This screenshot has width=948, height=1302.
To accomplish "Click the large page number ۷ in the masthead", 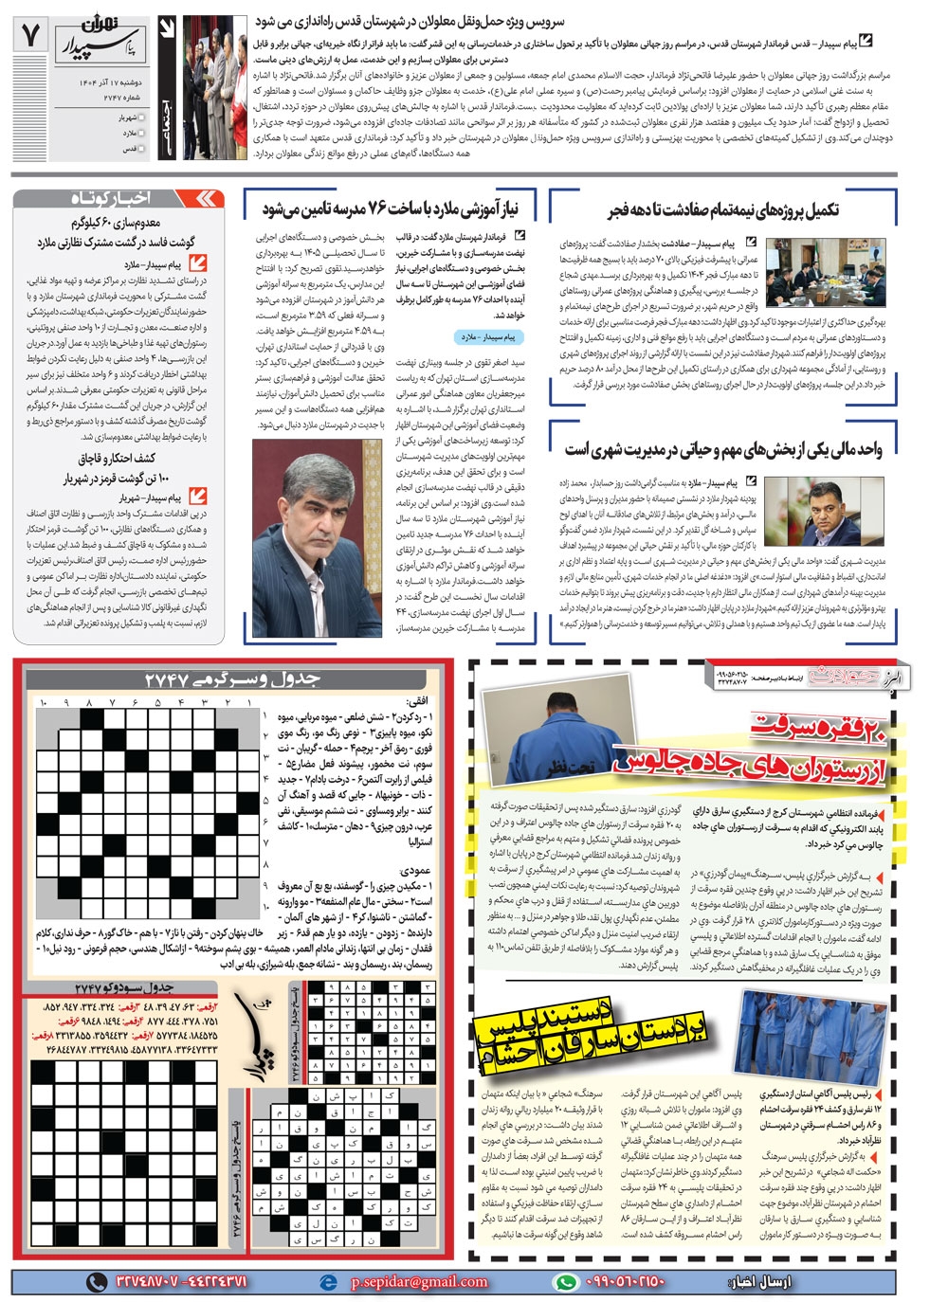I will pyautogui.click(x=31, y=36).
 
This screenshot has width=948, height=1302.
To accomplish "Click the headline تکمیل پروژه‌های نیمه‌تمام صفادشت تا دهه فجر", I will pyautogui.click(x=724, y=208).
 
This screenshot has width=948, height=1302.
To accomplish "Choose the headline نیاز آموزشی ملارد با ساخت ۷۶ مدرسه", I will pyautogui.click(x=390, y=208).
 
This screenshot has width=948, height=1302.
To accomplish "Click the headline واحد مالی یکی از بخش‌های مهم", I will pyautogui.click(x=724, y=448).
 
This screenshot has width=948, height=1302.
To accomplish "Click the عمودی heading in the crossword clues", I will pyautogui.click(x=416, y=870).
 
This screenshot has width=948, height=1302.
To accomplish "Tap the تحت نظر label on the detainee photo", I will pyautogui.click(x=568, y=762).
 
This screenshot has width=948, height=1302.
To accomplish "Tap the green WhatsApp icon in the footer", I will pyautogui.click(x=566, y=1282).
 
